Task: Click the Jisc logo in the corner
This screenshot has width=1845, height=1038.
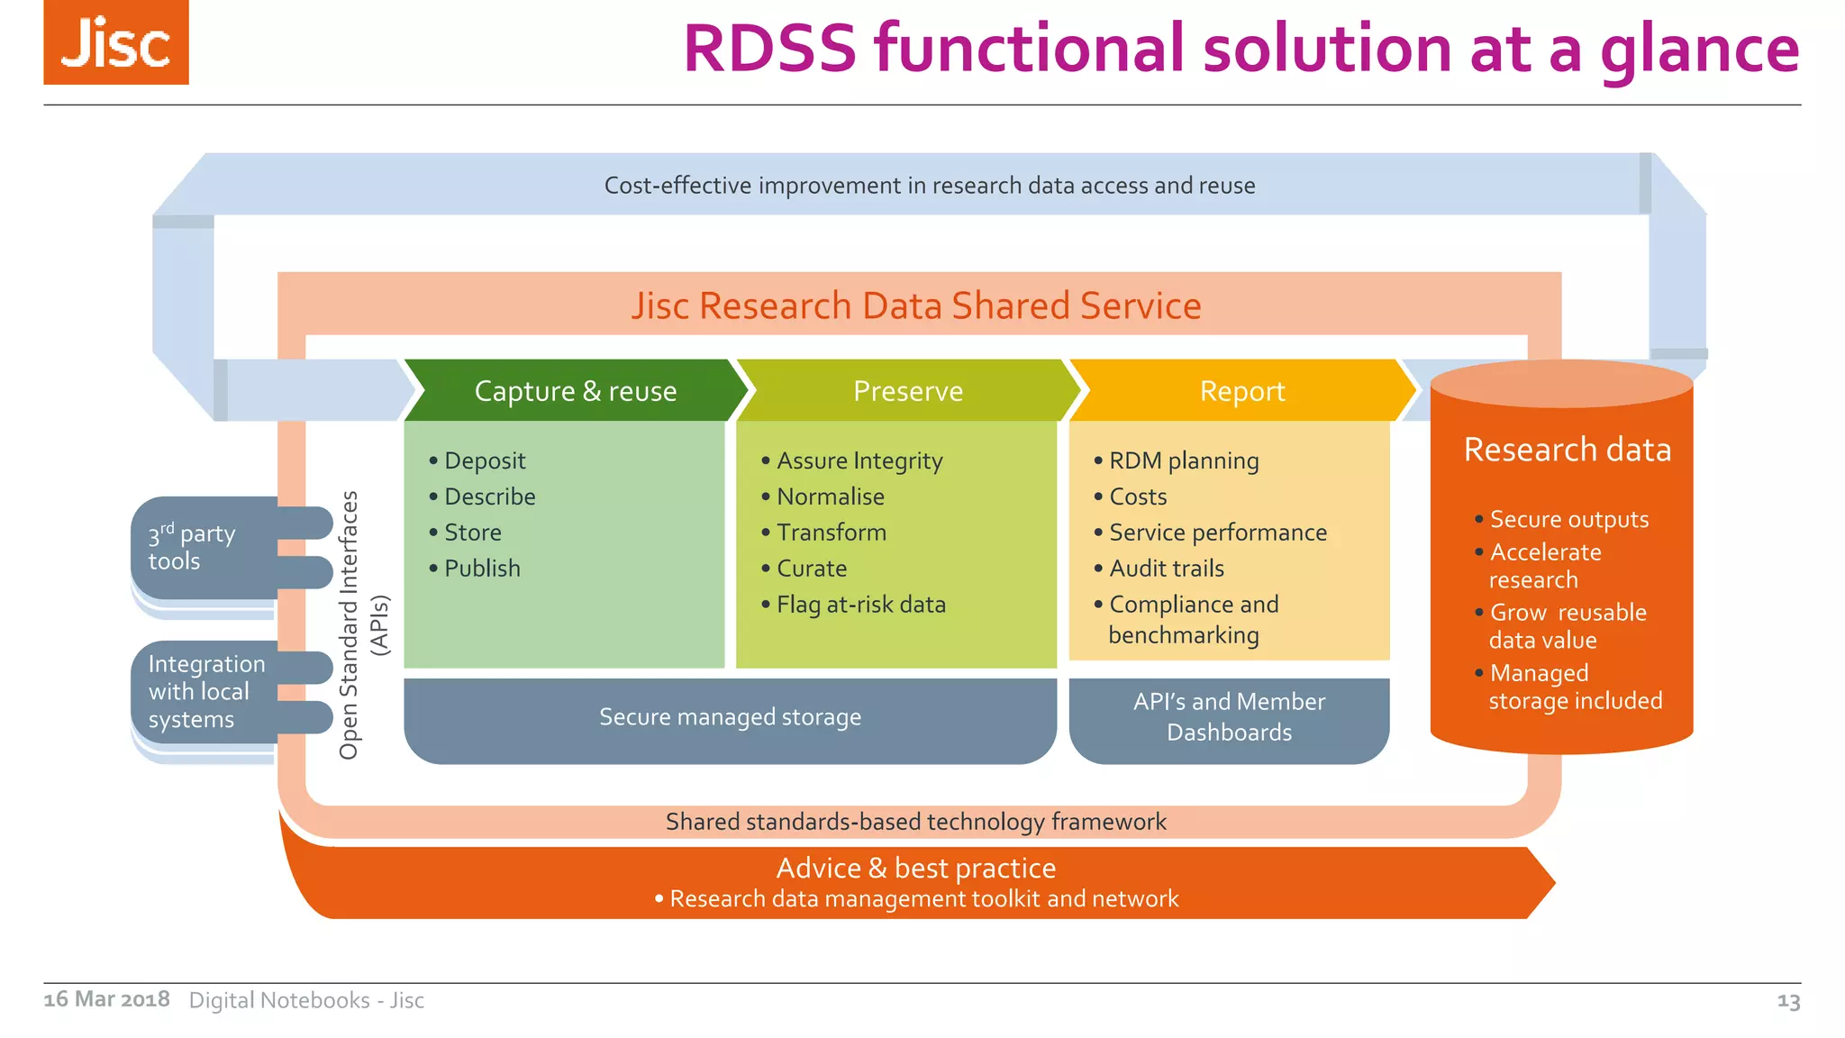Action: click(116, 42)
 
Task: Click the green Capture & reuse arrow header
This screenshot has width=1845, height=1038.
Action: click(575, 391)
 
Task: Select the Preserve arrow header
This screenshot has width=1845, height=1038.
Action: click(908, 391)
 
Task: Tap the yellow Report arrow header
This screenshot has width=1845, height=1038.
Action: click(1241, 391)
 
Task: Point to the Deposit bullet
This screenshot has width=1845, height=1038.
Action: click(484, 460)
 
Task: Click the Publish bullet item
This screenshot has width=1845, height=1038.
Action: click(482, 569)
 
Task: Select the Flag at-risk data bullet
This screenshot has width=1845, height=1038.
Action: click(860, 605)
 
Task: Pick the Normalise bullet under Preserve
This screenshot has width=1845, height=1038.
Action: click(830, 496)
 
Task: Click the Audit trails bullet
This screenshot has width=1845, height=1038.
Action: click(1166, 569)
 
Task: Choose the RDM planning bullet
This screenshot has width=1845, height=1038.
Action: click(1183, 460)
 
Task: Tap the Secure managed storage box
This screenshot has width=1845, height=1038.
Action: click(730, 717)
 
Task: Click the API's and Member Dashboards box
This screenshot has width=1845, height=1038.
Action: click(1229, 717)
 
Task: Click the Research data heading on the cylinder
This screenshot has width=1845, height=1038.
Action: click(1567, 450)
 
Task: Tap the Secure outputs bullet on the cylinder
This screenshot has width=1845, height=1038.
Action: click(1568, 519)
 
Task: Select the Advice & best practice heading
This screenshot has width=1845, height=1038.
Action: click(915, 868)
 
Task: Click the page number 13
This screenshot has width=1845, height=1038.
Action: click(1788, 1000)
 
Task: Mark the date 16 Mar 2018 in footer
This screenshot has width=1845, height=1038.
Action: click(106, 999)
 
